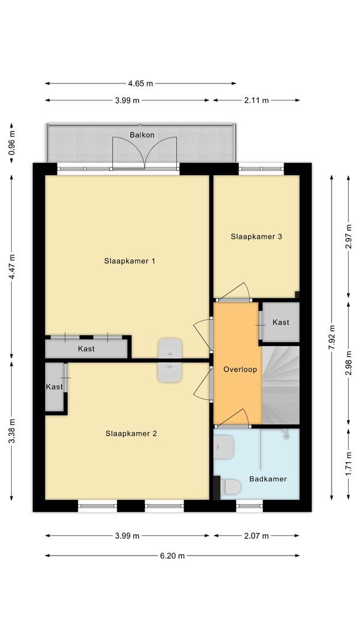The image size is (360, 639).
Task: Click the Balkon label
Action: [142, 135]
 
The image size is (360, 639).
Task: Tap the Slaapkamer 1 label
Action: [130, 261]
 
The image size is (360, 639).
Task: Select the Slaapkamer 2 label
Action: [131, 433]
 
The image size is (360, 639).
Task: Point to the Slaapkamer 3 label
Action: [256, 237]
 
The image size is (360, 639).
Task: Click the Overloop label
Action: [240, 369]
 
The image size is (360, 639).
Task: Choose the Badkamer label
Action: [268, 479]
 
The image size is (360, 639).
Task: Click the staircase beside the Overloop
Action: [281, 385]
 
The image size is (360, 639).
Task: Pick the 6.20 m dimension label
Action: [172, 556]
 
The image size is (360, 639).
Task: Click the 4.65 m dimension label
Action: [140, 83]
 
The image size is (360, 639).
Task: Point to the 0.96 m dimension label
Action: [12, 142]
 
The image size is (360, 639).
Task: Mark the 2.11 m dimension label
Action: [256, 101]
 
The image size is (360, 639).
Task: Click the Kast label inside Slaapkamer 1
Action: [86, 349]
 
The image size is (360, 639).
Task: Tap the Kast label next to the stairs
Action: [281, 322]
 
